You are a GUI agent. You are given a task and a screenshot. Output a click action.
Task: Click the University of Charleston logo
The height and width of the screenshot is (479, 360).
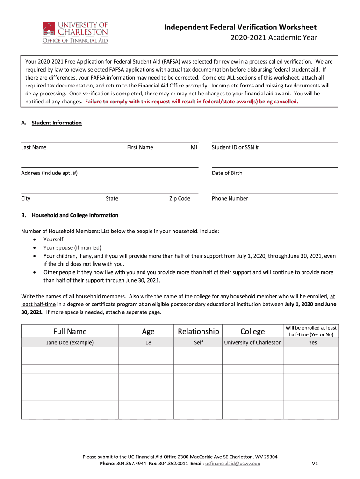tap(75, 32)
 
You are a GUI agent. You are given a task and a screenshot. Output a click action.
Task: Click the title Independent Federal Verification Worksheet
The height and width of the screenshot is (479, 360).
tap(240, 28)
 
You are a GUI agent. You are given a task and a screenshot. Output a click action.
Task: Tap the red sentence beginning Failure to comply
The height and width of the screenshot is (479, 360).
tap(191, 101)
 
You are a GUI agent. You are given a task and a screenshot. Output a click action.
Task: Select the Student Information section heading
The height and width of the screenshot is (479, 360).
tap(57, 123)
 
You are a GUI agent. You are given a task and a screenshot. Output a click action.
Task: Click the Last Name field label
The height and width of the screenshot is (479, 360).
tap(34, 147)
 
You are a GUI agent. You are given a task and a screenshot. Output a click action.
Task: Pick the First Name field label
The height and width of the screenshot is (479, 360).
tap(140, 147)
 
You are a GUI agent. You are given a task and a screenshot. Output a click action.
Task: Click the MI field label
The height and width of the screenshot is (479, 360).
tap(194, 147)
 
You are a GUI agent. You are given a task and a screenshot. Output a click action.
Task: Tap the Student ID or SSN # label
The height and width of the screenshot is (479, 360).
tap(235, 147)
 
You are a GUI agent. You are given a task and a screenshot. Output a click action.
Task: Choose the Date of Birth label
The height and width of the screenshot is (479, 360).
tap(227, 173)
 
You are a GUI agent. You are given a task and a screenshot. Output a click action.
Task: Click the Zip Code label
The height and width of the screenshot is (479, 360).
tap(180, 198)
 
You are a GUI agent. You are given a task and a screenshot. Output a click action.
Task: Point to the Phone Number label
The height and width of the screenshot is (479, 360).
tap(230, 198)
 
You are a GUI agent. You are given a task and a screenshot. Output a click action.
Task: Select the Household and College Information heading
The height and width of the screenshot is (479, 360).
tap(75, 215)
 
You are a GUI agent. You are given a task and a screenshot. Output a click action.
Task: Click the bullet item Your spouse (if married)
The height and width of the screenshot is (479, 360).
tap(72, 247)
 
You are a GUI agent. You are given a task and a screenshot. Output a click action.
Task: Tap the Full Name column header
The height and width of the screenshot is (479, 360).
tap(70, 332)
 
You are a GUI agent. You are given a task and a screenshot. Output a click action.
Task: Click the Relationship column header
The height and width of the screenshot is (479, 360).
tap(198, 332)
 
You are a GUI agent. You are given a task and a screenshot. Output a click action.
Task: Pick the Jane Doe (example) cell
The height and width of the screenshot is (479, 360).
tap(70, 342)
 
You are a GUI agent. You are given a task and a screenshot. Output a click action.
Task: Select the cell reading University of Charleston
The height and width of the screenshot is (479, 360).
tap(252, 342)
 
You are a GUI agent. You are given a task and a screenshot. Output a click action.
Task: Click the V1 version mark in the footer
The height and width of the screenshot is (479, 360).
tap(315, 464)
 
